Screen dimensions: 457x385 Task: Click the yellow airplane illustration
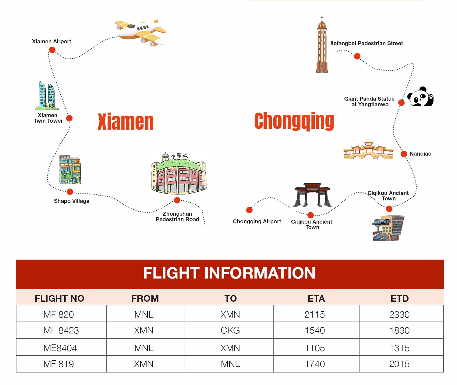pyautogui.click(x=141, y=32)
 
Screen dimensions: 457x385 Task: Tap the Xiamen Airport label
pyautogui.click(x=51, y=41)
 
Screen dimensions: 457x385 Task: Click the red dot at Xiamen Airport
pyautogui.click(x=52, y=50)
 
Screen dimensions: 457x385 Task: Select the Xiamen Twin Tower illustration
pyautogui.click(x=47, y=95)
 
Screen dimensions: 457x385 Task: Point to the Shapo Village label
pyautogui.click(x=72, y=201)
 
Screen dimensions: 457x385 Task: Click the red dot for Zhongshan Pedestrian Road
pyautogui.click(x=177, y=200)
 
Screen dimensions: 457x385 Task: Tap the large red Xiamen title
pyautogui.click(x=126, y=122)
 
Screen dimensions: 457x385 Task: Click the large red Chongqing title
pyautogui.click(x=294, y=121)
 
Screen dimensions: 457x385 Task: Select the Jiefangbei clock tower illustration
pyautogui.click(x=322, y=45)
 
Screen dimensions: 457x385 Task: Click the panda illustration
pyautogui.click(x=420, y=96)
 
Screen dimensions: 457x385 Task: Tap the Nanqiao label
pyautogui.click(x=420, y=154)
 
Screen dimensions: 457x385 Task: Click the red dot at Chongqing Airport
pyautogui.click(x=249, y=210)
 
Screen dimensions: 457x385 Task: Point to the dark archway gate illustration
pyautogui.click(x=312, y=195)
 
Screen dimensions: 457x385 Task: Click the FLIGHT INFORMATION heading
pyautogui.click(x=229, y=273)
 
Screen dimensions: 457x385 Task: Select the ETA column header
pyautogui.click(x=316, y=298)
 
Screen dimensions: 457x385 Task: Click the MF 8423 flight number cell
pyautogui.click(x=61, y=330)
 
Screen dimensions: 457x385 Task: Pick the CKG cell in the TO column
pyautogui.click(x=230, y=330)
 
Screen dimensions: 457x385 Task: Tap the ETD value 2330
pyautogui.click(x=399, y=315)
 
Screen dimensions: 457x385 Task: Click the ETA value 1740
pyautogui.click(x=315, y=364)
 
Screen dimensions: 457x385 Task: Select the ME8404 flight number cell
pyautogui.click(x=60, y=348)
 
